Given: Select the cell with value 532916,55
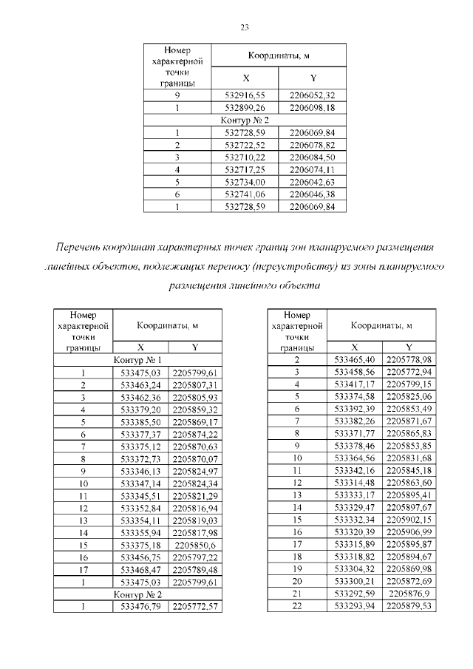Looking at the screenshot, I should [x=245, y=95].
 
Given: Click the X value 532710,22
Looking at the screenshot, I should [x=245, y=157].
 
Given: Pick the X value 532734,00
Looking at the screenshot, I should [x=245, y=181].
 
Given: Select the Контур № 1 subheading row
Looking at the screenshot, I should [x=137, y=360].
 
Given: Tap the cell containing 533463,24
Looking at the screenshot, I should [x=140, y=385].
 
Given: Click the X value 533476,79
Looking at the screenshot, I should [x=140, y=606].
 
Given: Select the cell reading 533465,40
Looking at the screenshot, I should [x=355, y=360].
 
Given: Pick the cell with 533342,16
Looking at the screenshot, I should [x=355, y=470].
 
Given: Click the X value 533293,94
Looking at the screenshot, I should [x=355, y=606].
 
